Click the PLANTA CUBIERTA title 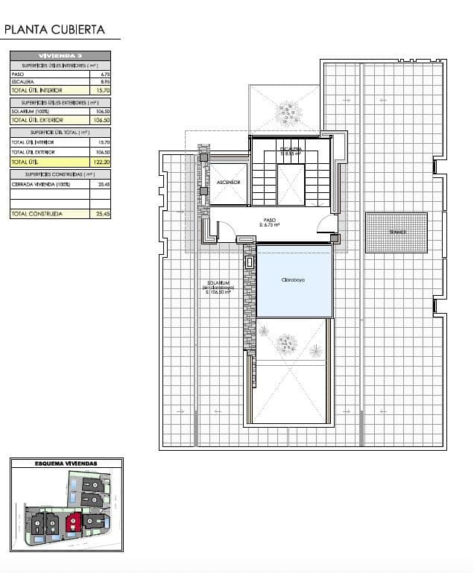coord(54,30)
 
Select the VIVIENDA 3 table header coord(60,56)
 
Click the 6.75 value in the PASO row coord(104,75)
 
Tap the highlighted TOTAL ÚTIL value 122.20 coord(104,161)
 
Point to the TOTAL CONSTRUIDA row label coord(37,214)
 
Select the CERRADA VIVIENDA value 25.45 coord(104,183)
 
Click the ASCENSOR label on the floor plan coord(228,183)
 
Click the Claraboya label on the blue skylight coord(294,280)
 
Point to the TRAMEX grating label coord(396,232)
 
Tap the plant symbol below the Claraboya coord(285,343)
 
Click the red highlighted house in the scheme coord(73,522)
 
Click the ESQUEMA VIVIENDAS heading coord(66,463)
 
